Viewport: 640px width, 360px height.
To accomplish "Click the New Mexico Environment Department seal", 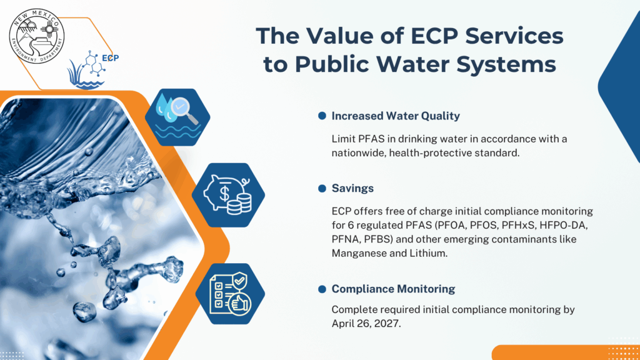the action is [x=37, y=36].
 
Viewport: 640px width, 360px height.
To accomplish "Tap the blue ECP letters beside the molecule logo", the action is [x=110, y=58].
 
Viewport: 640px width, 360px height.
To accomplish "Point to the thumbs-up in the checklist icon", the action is [x=240, y=304].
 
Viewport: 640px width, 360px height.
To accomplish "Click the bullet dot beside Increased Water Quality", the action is [x=322, y=116].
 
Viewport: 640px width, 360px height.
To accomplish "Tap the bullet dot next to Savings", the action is [x=322, y=188].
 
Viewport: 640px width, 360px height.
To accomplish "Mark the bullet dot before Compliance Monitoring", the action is [x=322, y=289].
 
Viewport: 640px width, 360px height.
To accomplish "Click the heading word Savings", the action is [x=352, y=188].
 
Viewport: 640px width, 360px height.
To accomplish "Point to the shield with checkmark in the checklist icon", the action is [x=240, y=281].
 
